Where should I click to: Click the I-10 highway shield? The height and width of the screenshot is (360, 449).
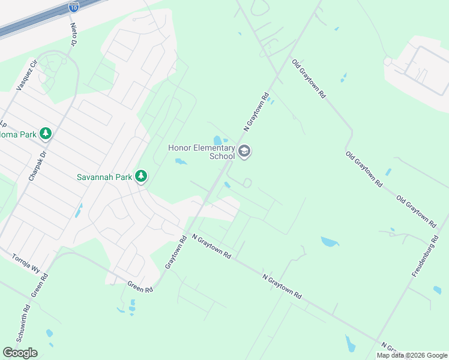[73, 7]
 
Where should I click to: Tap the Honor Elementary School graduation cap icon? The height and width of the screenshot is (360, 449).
[244, 151]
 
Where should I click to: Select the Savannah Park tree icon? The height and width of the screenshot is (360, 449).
[141, 176]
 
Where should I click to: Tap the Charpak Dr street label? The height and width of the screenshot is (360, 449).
[37, 166]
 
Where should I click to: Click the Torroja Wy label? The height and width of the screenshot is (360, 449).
[26, 263]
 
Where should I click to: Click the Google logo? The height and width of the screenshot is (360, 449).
[20, 352]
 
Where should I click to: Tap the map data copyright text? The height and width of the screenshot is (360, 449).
[412, 355]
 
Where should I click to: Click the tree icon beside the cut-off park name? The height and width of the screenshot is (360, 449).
[45, 133]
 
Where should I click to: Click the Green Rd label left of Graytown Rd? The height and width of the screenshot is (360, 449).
[140, 287]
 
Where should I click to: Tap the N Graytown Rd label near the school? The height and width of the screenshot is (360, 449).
[255, 112]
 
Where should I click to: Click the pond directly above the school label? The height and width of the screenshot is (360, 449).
[217, 140]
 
